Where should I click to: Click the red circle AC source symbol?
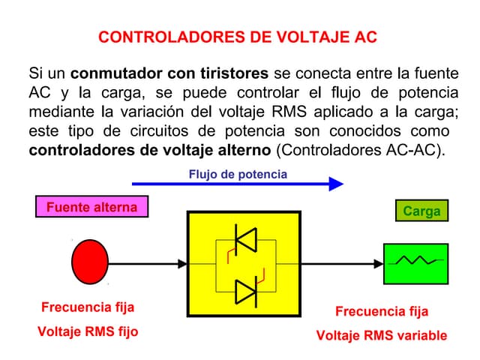[90, 262]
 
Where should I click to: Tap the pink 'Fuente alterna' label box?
[91, 207]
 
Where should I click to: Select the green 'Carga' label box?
[421, 211]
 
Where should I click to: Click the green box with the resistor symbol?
[415, 262]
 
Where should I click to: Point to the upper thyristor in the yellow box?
[245, 239]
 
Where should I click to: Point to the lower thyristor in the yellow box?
[245, 289]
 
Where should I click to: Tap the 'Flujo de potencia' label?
[238, 174]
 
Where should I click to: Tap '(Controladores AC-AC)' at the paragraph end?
[361, 148]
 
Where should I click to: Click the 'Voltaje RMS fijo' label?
[88, 331]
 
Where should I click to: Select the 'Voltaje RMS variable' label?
[381, 334]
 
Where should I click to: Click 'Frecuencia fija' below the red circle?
[88, 307]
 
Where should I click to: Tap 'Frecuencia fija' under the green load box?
[381, 311]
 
